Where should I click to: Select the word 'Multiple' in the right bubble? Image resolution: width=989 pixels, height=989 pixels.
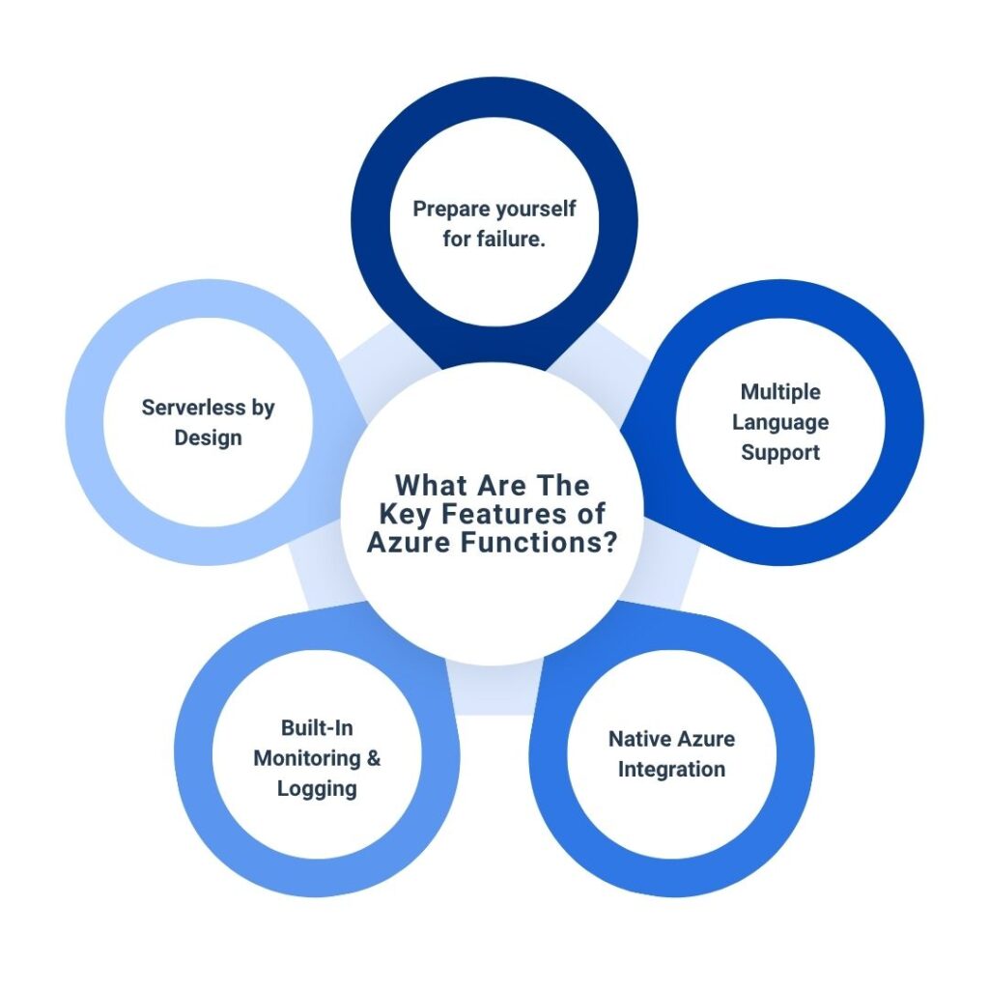pyautogui.click(x=780, y=392)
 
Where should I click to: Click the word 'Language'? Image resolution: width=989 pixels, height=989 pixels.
pyautogui.click(x=780, y=422)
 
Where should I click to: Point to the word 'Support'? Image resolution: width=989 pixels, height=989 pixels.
pyautogui.click(x=780, y=452)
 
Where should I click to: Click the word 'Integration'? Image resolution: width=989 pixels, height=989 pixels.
pyautogui.click(x=671, y=770)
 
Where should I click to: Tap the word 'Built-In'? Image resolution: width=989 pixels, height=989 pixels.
pyautogui.click(x=317, y=727)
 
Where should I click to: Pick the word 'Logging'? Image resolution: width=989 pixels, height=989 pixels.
pyautogui.click(x=317, y=789)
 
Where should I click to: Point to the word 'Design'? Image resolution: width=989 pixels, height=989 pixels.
pyautogui.click(x=208, y=438)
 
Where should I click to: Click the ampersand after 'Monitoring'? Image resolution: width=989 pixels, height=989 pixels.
pyautogui.click(x=373, y=758)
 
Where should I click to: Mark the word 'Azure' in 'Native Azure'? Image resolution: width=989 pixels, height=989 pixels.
pyautogui.click(x=705, y=739)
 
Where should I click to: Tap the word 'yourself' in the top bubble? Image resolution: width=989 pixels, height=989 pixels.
pyautogui.click(x=535, y=210)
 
